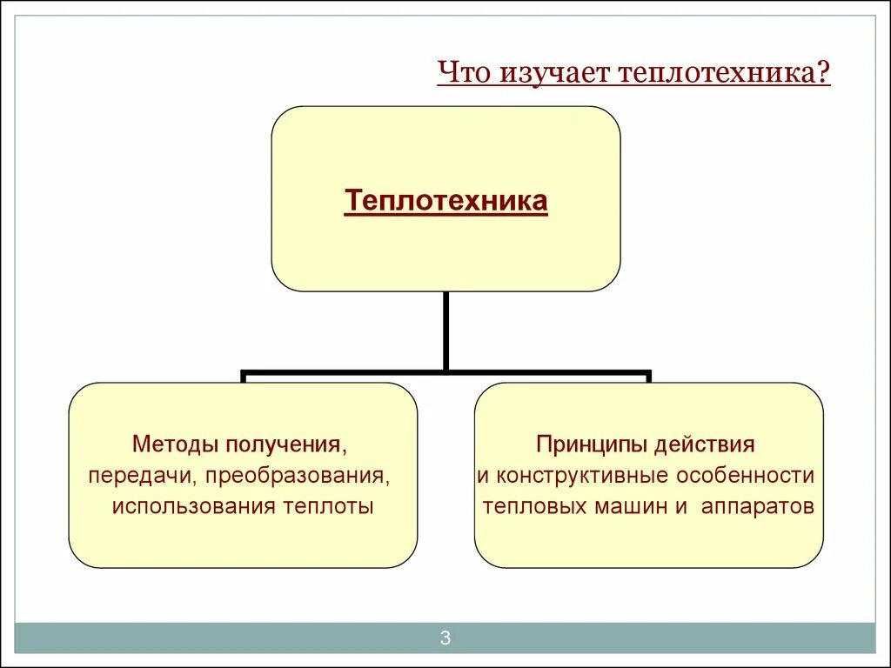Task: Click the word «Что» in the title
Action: pyautogui.click(x=464, y=72)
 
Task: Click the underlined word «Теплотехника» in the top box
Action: pyautogui.click(x=445, y=201)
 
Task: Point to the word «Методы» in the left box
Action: pyautogui.click(x=176, y=445)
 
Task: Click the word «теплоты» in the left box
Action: pyautogui.click(x=329, y=506)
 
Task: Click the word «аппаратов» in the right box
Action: pyautogui.click(x=758, y=506)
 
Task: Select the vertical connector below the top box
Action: pyautogui.click(x=445, y=331)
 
